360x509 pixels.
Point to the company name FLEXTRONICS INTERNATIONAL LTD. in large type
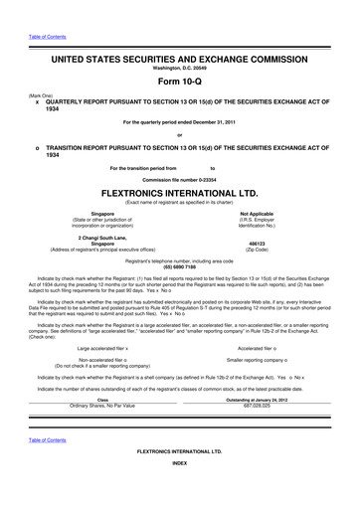click(x=180, y=193)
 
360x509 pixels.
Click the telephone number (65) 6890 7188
click(x=180, y=266)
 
